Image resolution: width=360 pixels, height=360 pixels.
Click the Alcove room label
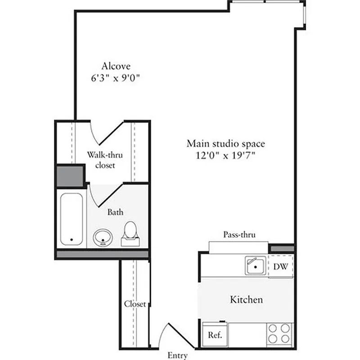(x=116, y=66)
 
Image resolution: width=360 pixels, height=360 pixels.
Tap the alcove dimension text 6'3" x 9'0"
(x=116, y=77)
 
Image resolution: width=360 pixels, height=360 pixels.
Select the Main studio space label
(x=225, y=144)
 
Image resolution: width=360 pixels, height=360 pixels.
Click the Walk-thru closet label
(x=105, y=160)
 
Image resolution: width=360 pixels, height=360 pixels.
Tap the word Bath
(x=115, y=211)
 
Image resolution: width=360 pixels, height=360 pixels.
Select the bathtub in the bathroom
(x=71, y=219)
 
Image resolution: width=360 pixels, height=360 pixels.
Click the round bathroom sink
(x=103, y=237)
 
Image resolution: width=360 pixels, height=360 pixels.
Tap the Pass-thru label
(x=239, y=234)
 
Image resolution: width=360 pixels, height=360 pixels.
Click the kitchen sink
(x=255, y=265)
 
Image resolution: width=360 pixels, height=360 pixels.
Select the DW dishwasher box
(x=281, y=266)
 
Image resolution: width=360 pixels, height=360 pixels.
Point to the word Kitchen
(x=246, y=299)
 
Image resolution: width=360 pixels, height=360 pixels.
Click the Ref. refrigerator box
(x=215, y=335)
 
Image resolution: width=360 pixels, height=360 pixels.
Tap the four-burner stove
(x=279, y=334)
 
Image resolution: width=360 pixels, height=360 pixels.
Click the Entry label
(x=177, y=355)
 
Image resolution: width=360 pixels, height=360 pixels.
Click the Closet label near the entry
(x=135, y=304)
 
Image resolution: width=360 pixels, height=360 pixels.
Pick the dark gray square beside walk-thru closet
(x=70, y=176)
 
